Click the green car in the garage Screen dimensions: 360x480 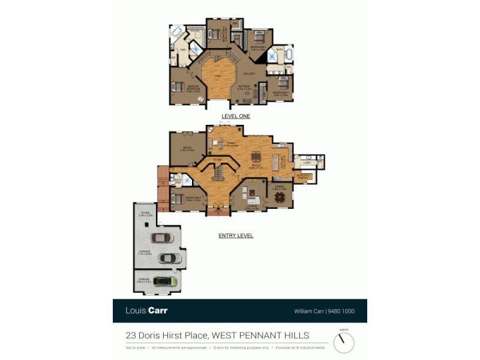click(164, 281)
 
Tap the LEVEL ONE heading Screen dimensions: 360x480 click(236, 116)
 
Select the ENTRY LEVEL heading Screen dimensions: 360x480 click(236, 236)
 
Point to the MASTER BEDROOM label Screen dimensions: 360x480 click(193, 89)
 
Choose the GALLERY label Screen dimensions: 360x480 click(249, 74)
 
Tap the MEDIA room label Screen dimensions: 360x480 click(187, 149)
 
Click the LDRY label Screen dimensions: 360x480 click(307, 163)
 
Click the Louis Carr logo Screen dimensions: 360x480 click(146, 311)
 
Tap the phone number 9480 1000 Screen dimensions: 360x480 click(344, 311)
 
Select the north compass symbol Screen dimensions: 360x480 click(344, 342)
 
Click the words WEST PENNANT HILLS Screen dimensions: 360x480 click(261, 335)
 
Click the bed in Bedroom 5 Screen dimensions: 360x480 click(176, 199)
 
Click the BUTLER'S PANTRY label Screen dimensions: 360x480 click(304, 176)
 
